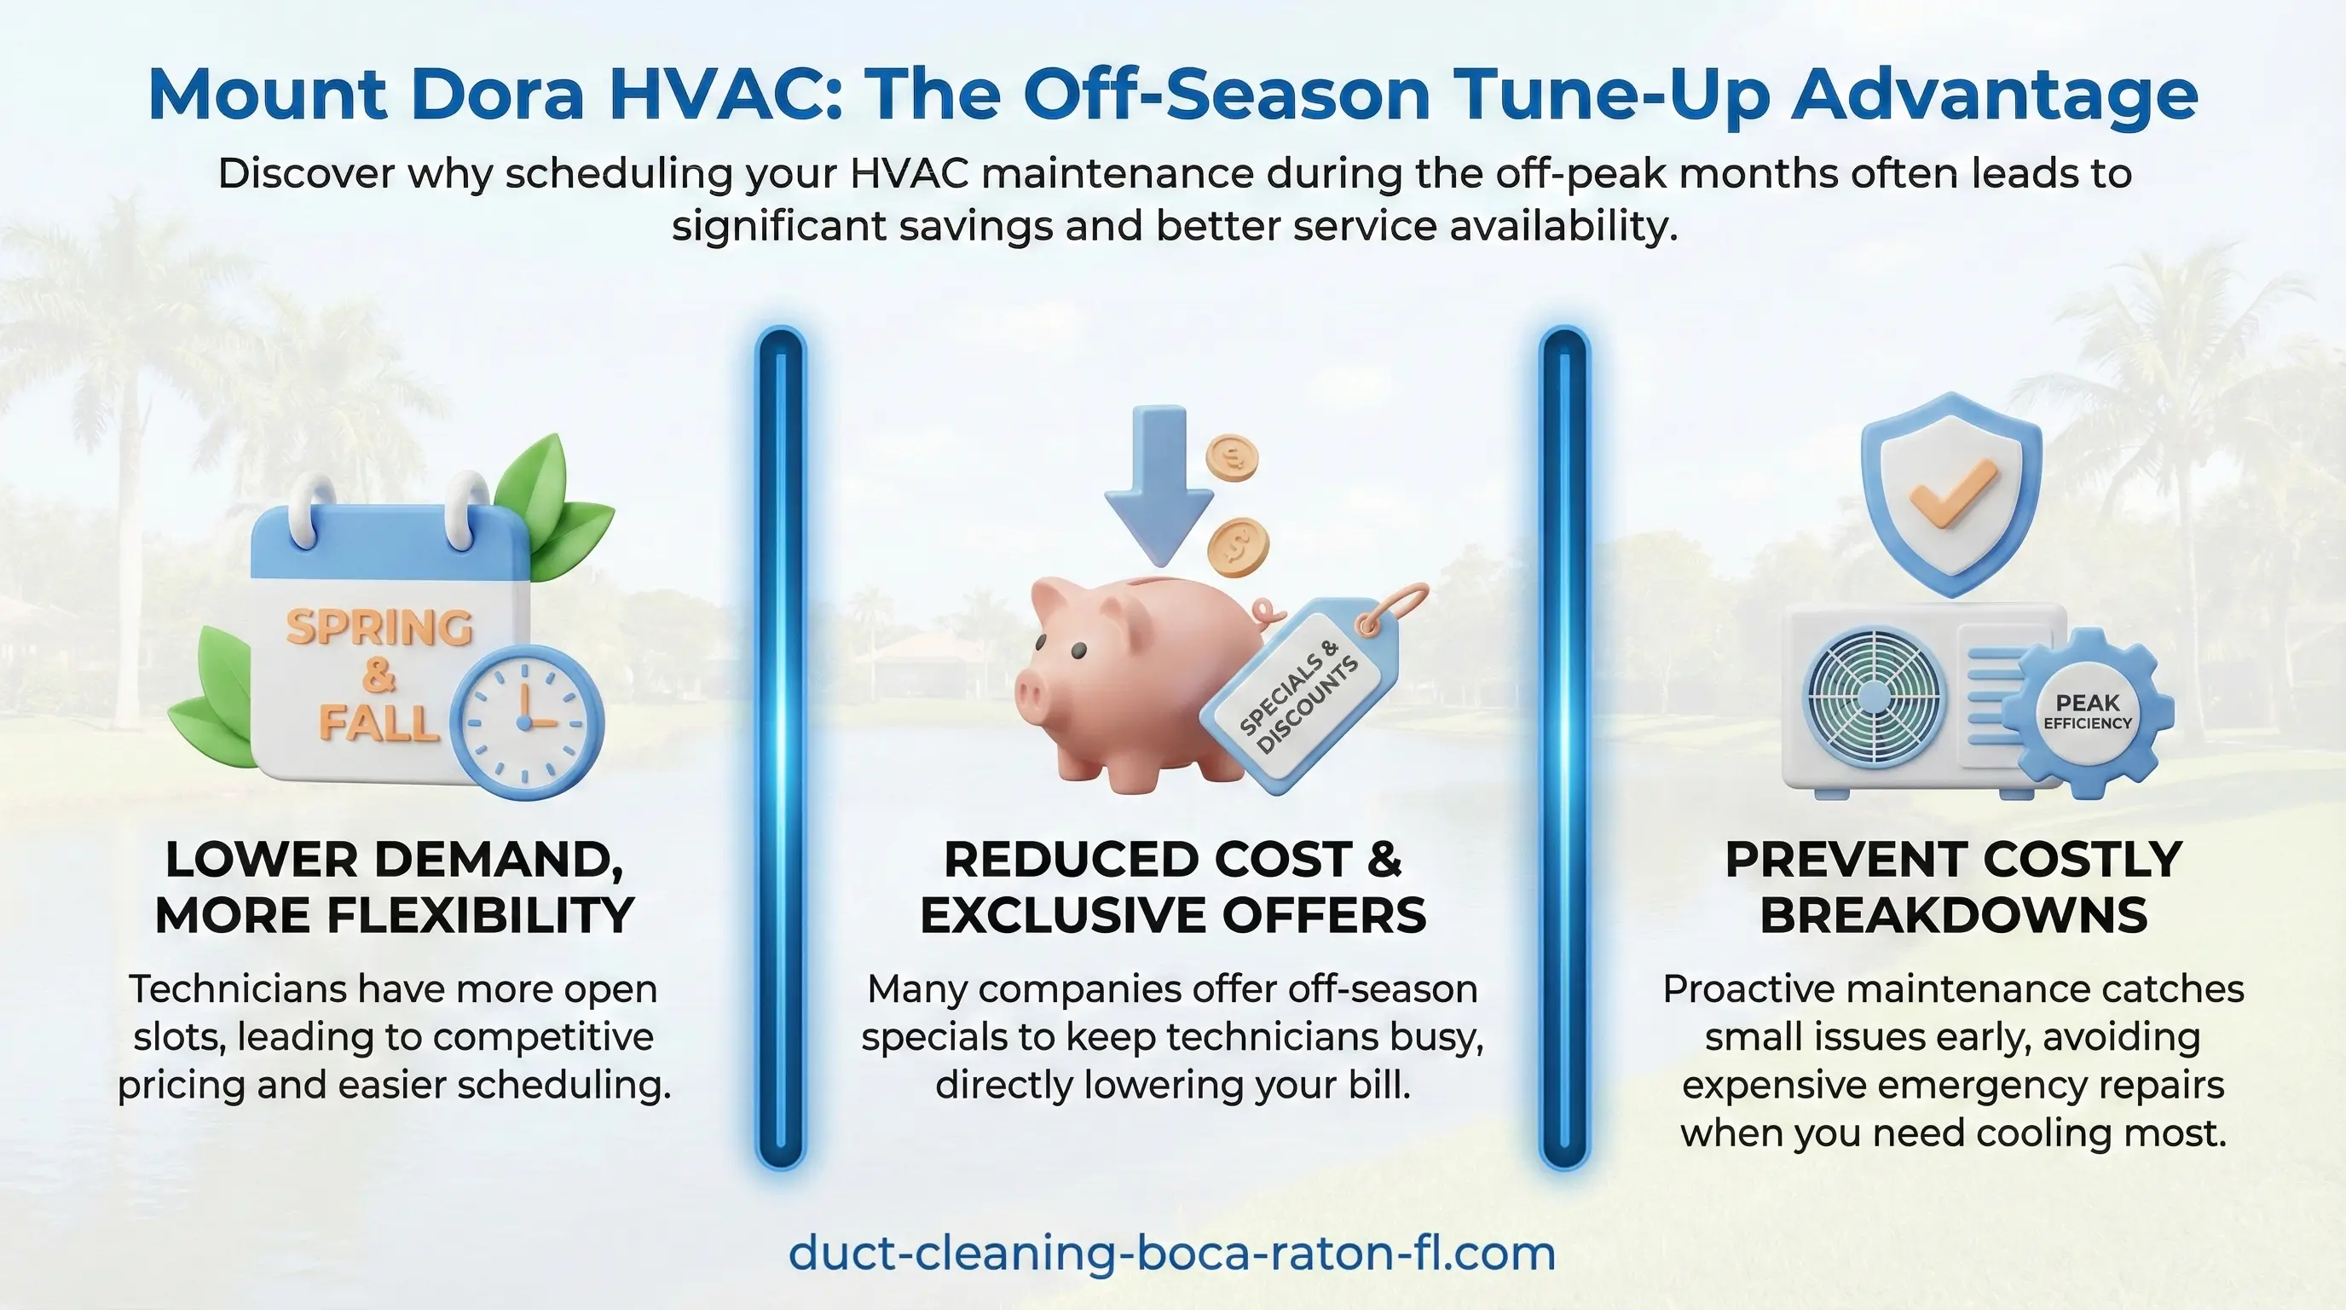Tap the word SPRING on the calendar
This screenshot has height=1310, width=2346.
pos(379,628)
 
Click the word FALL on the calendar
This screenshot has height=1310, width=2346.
pos(379,722)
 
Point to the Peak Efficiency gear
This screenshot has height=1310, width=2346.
pos(2088,712)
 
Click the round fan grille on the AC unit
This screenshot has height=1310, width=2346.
pos(1874,698)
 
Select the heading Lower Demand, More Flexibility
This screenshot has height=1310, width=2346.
pos(395,887)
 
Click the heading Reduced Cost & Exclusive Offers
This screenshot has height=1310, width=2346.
pos(1173,887)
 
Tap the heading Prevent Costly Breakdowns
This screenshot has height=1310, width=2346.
pos(1954,887)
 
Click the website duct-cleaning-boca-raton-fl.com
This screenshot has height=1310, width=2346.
pos(1172,1254)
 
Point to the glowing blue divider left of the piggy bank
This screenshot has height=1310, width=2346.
pos(781,748)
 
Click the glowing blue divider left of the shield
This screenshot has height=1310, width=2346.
pos(1564,748)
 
